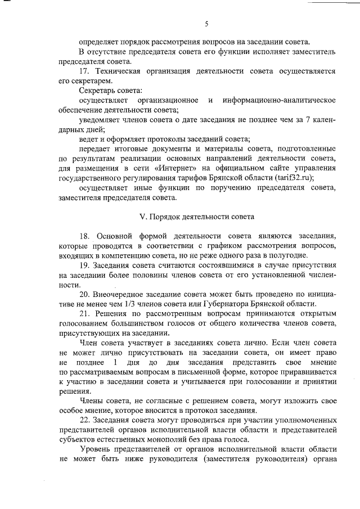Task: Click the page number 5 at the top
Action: point(207,23)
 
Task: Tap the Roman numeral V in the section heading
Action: point(142,216)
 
